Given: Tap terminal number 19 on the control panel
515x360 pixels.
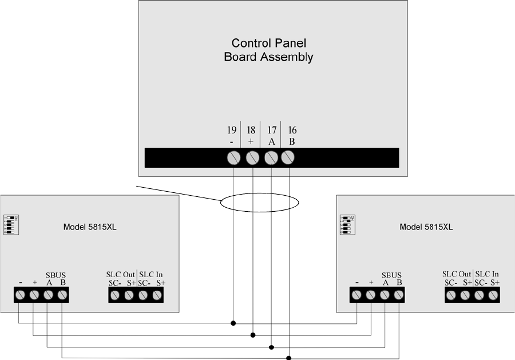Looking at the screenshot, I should pos(232,131).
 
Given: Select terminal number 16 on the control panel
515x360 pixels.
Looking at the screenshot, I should pos(292,131).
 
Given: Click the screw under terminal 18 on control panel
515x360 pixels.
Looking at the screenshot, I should pos(252,157).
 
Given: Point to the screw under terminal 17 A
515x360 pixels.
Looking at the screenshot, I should pos(271,157).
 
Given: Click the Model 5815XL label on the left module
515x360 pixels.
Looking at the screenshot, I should pos(90,227).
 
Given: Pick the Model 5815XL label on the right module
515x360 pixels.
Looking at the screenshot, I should pos(426,227).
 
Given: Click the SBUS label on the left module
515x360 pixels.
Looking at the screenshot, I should pos(56,275).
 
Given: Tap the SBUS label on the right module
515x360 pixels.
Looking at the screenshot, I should pos(392,275).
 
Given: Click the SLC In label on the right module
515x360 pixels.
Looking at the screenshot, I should pos(487,275).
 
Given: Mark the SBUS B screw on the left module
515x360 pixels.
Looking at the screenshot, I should pos(62,295).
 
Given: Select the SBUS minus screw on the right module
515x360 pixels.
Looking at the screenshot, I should pos(356,295).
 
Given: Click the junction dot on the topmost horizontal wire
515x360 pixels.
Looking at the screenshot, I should pos(233,323).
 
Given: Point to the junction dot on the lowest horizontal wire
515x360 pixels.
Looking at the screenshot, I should pos(289,358).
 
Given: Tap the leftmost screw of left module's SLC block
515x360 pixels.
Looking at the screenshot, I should pos(114,295).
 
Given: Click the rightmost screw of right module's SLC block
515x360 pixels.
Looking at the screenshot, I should pos(493,295).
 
